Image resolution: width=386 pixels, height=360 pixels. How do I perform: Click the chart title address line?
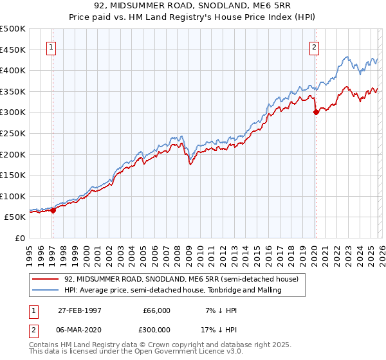(x=192, y=6)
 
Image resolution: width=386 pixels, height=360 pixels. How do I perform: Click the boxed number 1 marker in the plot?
(x=51, y=46)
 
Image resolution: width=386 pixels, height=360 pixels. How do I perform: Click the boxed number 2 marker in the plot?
(x=315, y=46)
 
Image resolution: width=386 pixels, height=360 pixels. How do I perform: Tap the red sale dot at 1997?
(x=53, y=210)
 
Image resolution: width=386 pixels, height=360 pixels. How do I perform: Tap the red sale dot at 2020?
(x=316, y=112)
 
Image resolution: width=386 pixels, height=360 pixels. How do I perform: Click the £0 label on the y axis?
(x=20, y=238)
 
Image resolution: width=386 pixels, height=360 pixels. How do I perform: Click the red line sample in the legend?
(x=46, y=280)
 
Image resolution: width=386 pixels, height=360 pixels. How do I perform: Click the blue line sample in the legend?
(x=46, y=291)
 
